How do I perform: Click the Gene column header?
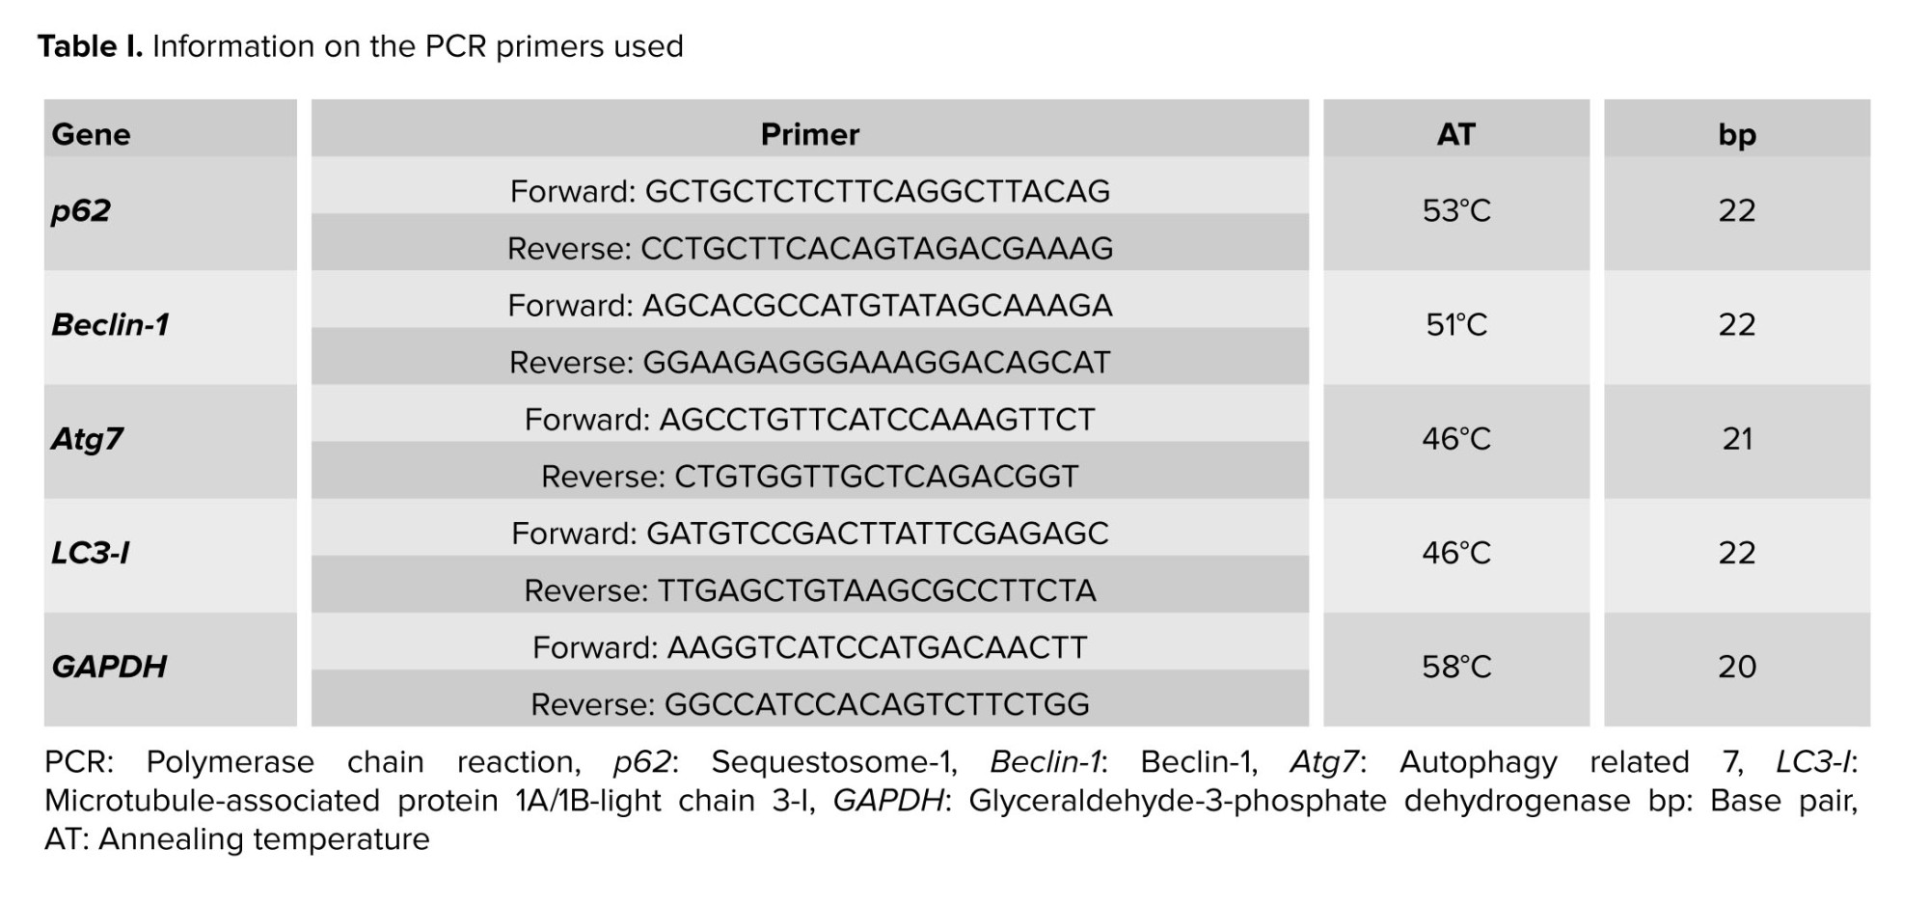(91, 134)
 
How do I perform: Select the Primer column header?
(809, 134)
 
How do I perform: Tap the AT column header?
(1455, 134)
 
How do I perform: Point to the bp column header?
(1736, 134)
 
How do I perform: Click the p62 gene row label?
(81, 210)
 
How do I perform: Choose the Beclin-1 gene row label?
(110, 324)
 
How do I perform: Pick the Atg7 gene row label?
(87, 439)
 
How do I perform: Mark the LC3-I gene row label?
(91, 553)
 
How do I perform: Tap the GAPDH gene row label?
(109, 667)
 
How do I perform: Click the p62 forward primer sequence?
(877, 191)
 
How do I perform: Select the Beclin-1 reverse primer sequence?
(876, 363)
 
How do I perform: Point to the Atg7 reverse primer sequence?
(876, 477)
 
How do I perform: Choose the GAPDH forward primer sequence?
(877, 647)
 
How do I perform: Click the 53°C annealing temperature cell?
(1455, 210)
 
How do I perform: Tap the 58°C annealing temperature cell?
(1455, 667)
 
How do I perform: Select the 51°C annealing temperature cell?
(1455, 324)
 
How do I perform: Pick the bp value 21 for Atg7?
(1736, 439)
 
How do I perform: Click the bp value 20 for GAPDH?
(1736, 667)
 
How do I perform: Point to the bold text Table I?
(90, 46)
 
